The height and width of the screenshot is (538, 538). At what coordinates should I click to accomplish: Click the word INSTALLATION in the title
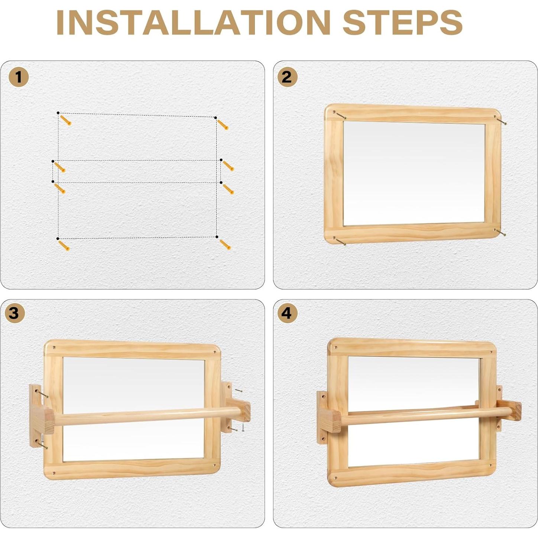click(193, 22)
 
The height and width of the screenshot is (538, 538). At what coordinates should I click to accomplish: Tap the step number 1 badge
click(19, 77)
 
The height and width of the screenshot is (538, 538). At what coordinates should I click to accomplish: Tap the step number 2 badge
click(287, 77)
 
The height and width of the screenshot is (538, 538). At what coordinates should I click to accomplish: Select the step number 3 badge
click(14, 313)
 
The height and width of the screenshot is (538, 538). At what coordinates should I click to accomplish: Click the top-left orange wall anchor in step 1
click(66, 120)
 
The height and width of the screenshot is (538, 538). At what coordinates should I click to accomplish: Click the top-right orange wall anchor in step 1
click(223, 125)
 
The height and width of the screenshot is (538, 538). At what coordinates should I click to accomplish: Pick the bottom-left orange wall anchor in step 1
click(64, 246)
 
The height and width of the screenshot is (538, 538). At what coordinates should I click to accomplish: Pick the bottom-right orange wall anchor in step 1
click(225, 245)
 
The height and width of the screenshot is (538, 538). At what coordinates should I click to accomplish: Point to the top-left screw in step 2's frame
click(339, 115)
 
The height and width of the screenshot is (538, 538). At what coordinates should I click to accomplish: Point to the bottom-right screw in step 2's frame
click(500, 233)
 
